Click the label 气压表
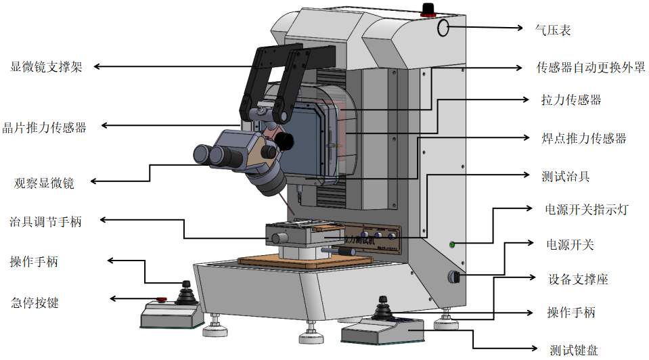[554, 30]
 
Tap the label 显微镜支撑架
[47, 67]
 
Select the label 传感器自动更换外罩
[590, 68]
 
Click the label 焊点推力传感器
[583, 138]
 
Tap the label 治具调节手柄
[46, 221]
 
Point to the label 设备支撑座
[577, 279]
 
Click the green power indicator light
[452, 244]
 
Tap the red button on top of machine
[427, 8]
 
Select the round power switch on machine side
[453, 276]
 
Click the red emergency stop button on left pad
[162, 300]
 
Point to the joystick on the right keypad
[383, 309]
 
